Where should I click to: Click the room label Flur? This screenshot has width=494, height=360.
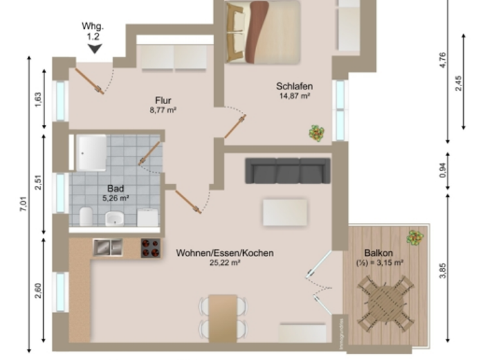163,100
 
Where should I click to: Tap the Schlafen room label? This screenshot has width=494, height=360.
295,86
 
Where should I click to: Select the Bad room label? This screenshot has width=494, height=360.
116,189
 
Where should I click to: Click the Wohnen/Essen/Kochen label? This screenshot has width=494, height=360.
224,253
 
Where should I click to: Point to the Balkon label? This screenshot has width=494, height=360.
379,253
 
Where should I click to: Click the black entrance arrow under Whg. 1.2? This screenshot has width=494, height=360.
95,48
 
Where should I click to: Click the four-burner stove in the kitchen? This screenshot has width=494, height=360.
151,248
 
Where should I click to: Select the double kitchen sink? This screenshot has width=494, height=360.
107,246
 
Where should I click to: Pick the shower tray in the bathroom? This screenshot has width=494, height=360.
91,152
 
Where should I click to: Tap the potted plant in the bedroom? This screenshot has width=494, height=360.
316,133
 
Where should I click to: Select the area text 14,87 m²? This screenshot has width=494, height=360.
295,96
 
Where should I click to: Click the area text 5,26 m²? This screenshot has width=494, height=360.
116,199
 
